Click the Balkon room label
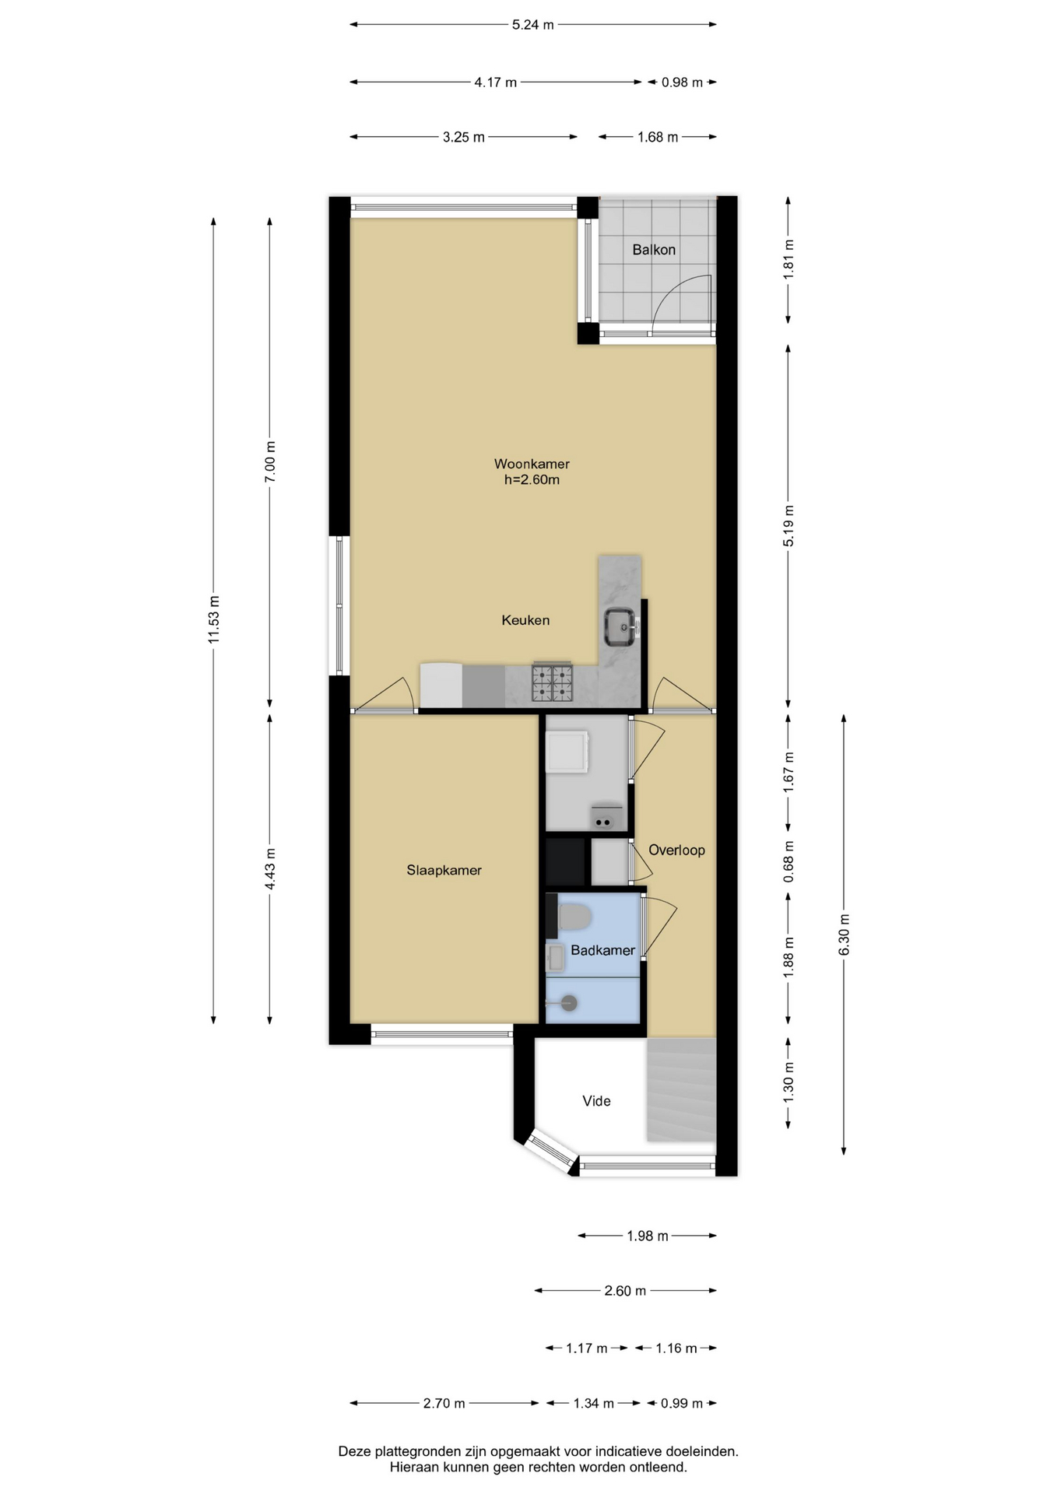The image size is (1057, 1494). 653,250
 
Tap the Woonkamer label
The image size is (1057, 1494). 532,464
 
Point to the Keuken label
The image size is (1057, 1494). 525,620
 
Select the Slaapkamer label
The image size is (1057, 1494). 444,870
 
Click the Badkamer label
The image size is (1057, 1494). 602,950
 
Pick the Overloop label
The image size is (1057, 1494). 676,850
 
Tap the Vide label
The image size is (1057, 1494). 596,1101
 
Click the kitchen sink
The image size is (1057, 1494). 621,627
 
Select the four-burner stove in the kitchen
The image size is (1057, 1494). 553,682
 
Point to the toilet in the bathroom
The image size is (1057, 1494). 574,917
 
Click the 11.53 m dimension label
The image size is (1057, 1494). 214,619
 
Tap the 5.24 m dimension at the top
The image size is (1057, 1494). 532,25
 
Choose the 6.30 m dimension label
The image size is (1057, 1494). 845,935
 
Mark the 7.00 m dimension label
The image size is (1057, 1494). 270,462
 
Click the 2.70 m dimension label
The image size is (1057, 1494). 444,1403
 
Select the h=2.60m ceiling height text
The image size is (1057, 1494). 532,480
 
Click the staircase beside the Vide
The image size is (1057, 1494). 681,1089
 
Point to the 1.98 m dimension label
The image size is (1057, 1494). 648,1236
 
